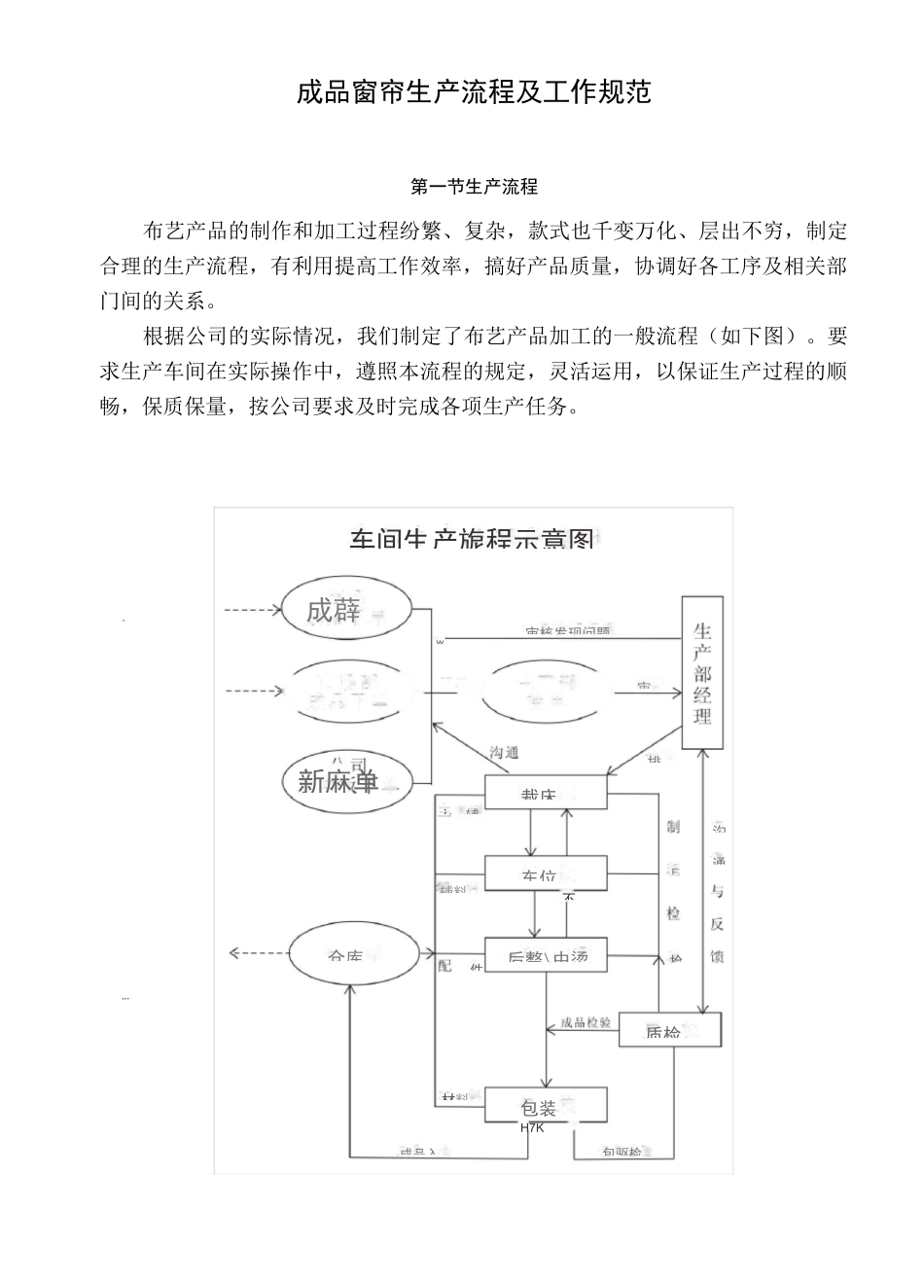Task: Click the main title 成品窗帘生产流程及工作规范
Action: point(474,92)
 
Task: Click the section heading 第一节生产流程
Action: point(474,186)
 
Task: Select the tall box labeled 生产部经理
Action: point(702,673)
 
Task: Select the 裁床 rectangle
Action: point(546,793)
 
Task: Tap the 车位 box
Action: point(546,874)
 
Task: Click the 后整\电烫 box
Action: point(546,955)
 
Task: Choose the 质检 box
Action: point(670,1030)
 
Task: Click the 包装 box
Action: point(546,1106)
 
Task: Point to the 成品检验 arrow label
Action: point(586,1023)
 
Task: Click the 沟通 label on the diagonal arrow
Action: point(504,752)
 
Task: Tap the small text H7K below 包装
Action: point(532,1128)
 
